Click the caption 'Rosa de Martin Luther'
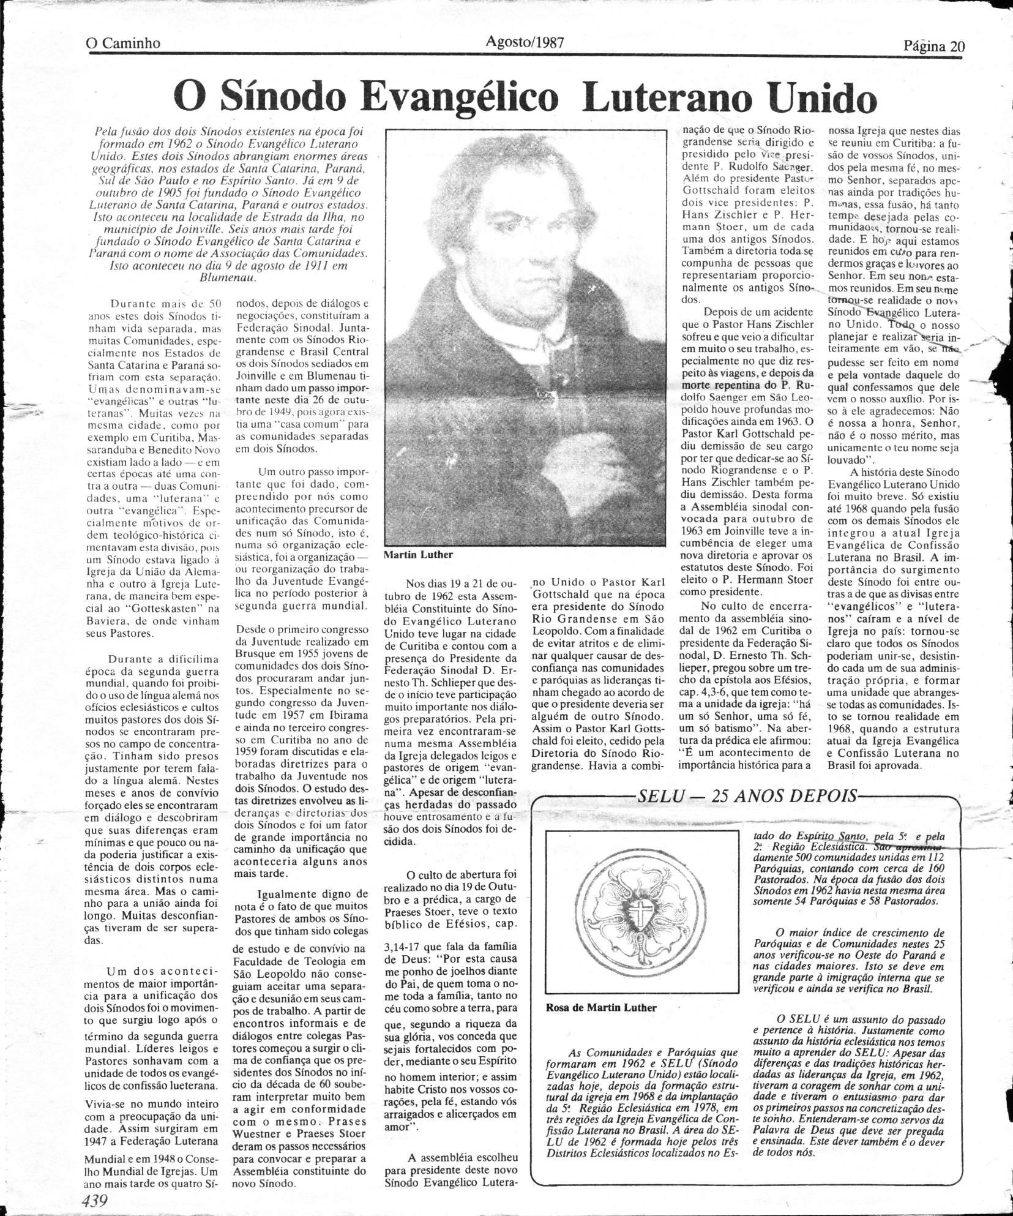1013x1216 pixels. point(599,1007)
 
